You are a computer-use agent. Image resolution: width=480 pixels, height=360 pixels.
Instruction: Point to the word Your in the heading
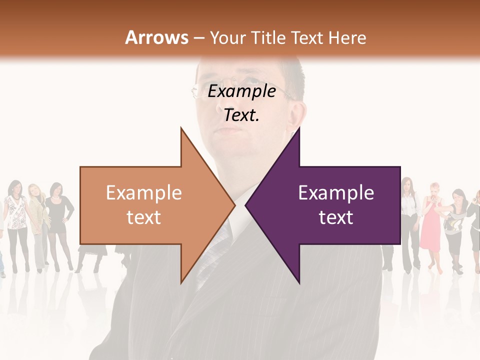click(x=228, y=37)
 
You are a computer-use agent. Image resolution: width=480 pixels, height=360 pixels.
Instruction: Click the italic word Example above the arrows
click(x=242, y=91)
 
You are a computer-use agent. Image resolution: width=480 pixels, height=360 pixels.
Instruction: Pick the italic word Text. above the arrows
click(x=242, y=115)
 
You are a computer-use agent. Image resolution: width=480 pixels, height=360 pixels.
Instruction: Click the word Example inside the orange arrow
click(x=144, y=193)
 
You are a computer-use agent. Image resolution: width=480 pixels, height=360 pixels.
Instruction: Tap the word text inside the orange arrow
click(x=144, y=217)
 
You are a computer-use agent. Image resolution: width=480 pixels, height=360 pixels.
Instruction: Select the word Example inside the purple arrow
click(x=336, y=193)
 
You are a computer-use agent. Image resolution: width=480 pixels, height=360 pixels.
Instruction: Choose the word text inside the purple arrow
click(x=336, y=217)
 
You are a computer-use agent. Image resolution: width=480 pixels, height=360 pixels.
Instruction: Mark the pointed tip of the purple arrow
click(x=246, y=205)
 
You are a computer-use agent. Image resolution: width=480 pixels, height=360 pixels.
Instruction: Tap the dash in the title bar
click(x=198, y=38)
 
